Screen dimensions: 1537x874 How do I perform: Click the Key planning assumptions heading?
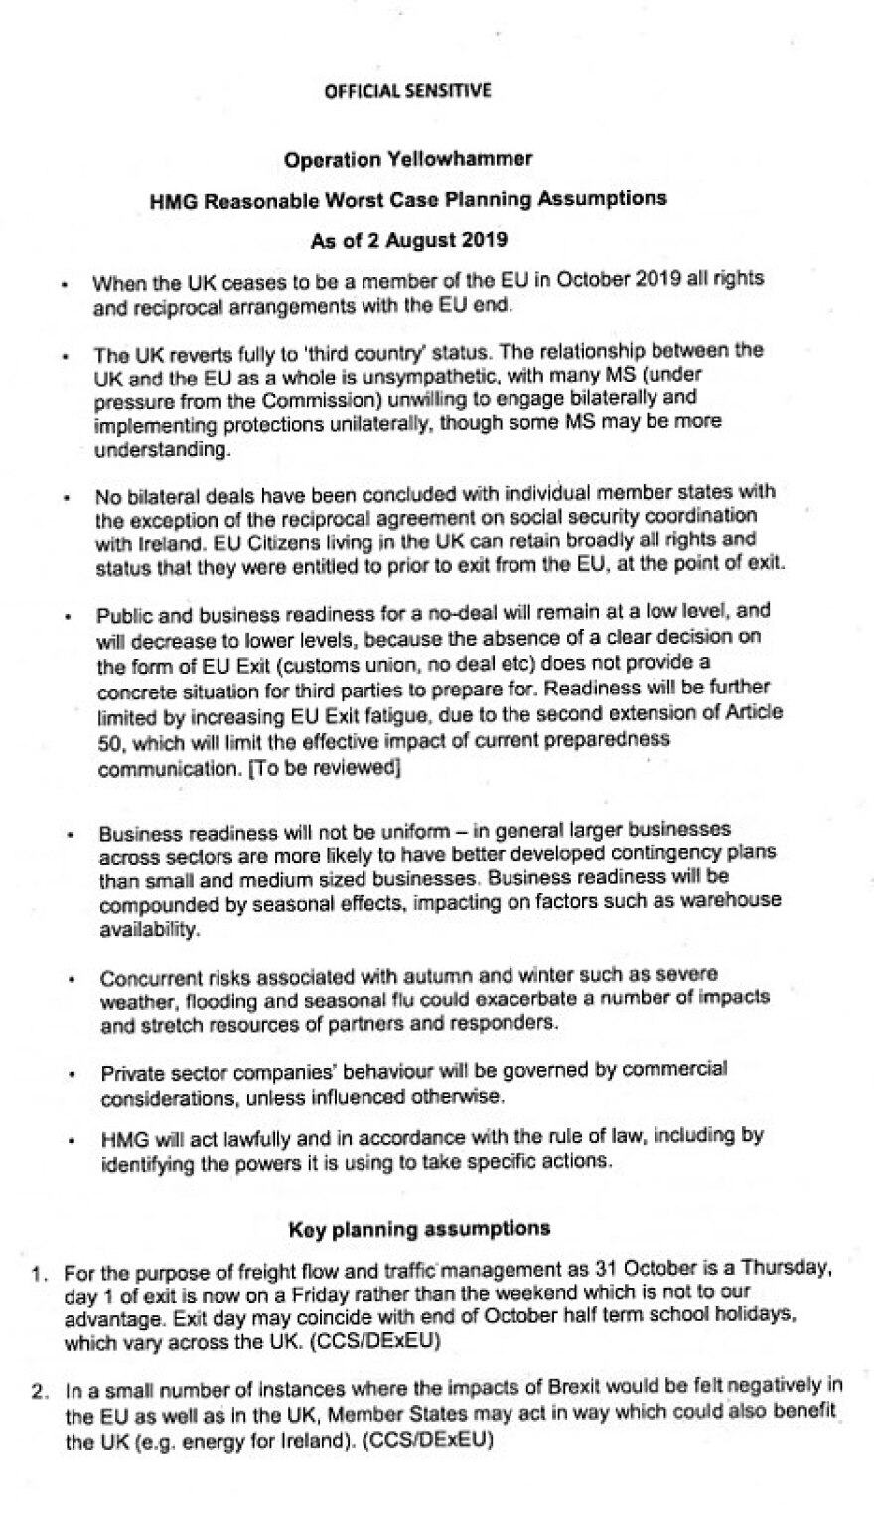[419, 1229]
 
